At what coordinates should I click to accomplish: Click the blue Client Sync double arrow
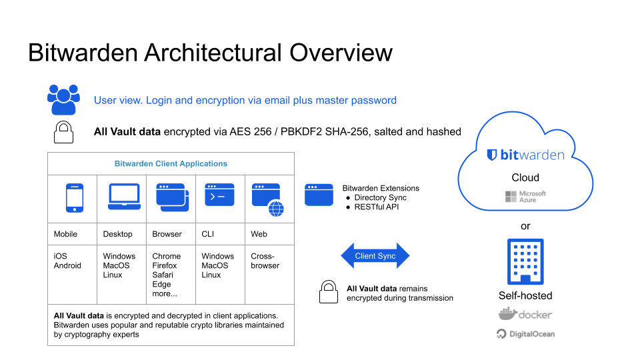click(375, 256)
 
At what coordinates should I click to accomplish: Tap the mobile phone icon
click(75, 198)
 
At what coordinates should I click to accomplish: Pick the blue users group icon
click(63, 100)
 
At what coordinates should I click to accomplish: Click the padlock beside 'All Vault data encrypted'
click(63, 131)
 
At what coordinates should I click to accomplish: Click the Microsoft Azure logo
click(525, 197)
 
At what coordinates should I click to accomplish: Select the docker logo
click(525, 315)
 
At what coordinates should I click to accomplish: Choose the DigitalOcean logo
click(525, 333)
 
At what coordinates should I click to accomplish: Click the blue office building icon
click(525, 261)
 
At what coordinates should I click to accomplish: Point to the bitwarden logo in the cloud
click(525, 155)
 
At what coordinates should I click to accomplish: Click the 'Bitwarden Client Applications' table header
click(171, 163)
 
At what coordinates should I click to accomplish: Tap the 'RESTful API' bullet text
click(377, 207)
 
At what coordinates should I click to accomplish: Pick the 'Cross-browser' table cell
click(265, 261)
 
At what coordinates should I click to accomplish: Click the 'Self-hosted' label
click(525, 295)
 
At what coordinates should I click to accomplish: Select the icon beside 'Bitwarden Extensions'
click(318, 195)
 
